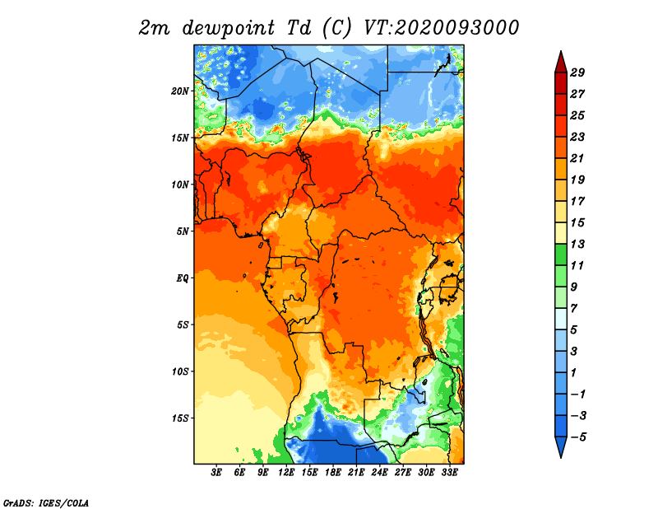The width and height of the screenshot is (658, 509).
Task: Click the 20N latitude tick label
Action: (x=180, y=91)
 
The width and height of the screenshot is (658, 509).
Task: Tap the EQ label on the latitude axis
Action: (x=183, y=278)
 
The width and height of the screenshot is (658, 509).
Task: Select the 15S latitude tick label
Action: (x=180, y=418)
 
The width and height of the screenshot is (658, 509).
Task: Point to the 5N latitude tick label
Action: (x=183, y=231)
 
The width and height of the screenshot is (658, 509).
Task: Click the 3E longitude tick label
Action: (x=216, y=472)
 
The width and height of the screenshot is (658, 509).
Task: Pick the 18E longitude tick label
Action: (x=333, y=472)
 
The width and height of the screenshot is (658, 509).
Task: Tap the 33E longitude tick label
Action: (x=449, y=472)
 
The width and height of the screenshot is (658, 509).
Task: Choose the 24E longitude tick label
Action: (x=379, y=472)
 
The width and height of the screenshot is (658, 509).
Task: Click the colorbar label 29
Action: (x=577, y=72)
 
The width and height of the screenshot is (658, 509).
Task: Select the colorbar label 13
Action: (x=577, y=244)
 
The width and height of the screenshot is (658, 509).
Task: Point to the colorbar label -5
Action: (x=578, y=437)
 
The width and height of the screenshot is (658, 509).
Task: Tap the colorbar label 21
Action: (x=577, y=158)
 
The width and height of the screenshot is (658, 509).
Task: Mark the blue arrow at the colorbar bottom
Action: (x=561, y=446)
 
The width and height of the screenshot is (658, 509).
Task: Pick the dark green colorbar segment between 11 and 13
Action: (x=561, y=254)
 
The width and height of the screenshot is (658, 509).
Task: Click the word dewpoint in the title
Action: (x=229, y=28)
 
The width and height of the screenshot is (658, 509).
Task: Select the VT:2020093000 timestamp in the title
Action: (x=442, y=28)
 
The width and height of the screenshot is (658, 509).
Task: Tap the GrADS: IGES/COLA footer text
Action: (x=46, y=502)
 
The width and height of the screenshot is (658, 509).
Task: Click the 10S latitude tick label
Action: (x=180, y=371)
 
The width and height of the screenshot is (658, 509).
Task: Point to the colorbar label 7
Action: (x=573, y=309)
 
